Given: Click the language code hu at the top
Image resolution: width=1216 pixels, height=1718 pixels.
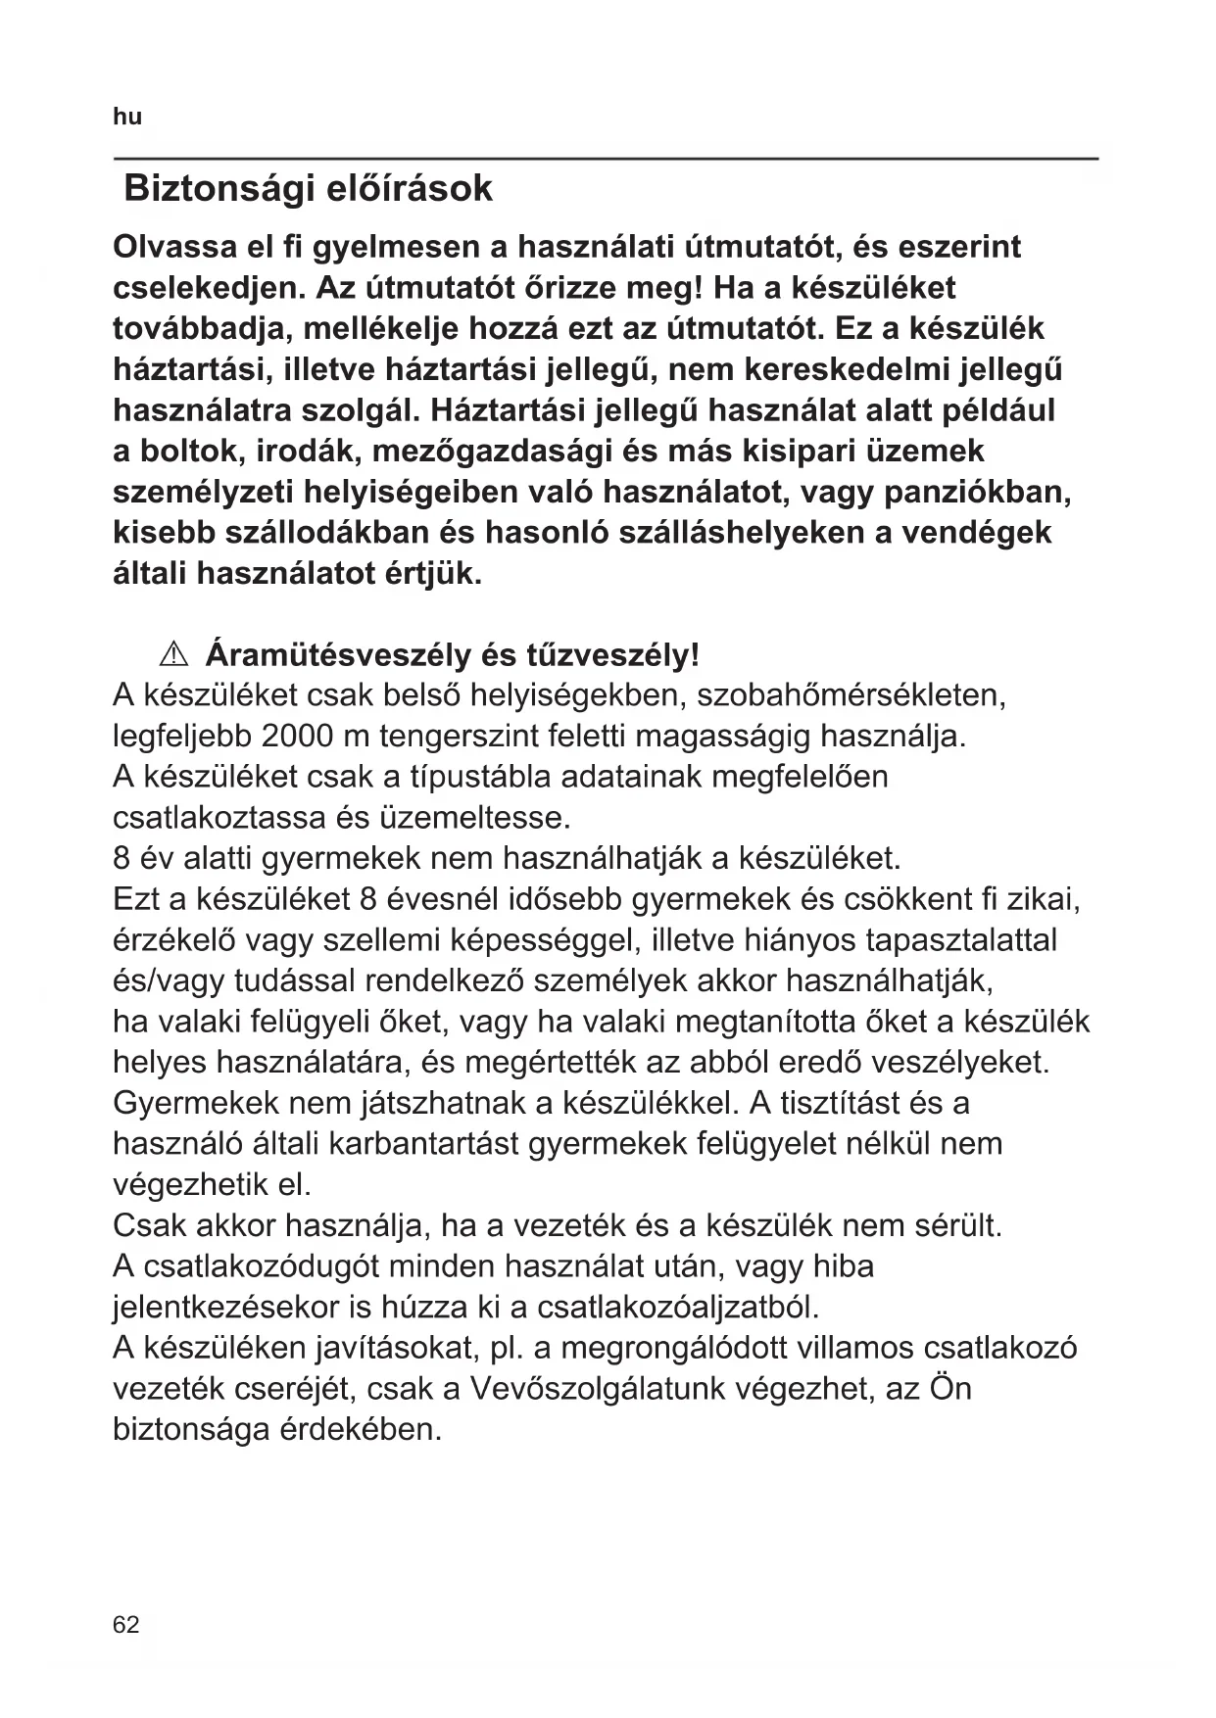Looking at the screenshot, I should point(127,117).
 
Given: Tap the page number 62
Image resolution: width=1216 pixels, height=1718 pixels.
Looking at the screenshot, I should point(126,1625).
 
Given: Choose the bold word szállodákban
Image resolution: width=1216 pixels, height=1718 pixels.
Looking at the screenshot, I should point(327,533).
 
